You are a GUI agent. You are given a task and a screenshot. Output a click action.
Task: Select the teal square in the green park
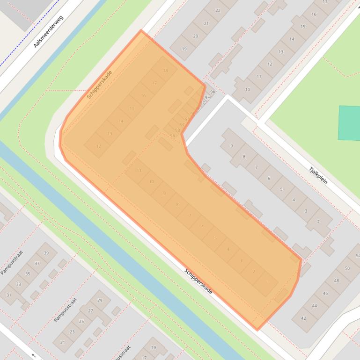(349, 122)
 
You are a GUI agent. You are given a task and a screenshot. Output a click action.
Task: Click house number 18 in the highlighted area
(165, 71)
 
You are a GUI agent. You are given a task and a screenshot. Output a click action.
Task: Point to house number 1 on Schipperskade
(267, 283)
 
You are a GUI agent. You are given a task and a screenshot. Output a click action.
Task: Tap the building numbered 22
(218, 10)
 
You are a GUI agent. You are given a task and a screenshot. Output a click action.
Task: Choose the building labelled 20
(195, 36)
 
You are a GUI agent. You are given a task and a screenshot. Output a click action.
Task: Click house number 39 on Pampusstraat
(46, 253)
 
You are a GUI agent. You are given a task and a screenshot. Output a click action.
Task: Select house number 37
(37, 264)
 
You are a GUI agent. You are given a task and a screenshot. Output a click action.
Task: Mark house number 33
(18, 284)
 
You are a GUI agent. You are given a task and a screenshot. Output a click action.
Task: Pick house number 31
(8, 295)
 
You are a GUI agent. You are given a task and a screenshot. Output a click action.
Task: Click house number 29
(100, 300)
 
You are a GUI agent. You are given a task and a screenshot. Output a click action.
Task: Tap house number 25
(81, 321)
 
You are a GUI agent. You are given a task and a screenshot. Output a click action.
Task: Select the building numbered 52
(358, 256)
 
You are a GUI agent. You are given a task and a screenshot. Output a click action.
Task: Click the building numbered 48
(336, 281)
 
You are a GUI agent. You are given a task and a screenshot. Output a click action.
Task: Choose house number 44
(314, 306)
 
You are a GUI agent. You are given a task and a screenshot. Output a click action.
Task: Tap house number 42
(303, 318)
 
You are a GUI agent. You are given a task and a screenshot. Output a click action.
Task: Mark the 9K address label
(213, 92)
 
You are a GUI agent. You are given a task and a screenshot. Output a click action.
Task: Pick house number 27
(90, 311)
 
